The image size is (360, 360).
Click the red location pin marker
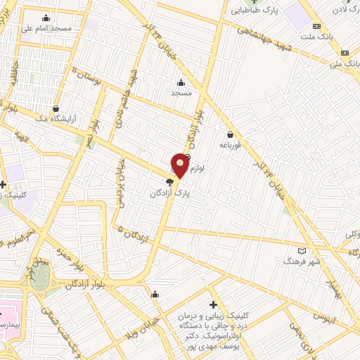pyautogui.click(x=180, y=165)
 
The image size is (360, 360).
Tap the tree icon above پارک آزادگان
pyautogui.click(x=169, y=181)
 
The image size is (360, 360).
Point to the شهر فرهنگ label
pyautogui.click(x=302, y=261)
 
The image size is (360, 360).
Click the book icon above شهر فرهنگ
pyautogui.click(x=302, y=250)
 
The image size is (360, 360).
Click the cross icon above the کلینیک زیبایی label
pyautogui.click(x=214, y=304)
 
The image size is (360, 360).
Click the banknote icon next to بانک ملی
pyautogui.click(x=345, y=53)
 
